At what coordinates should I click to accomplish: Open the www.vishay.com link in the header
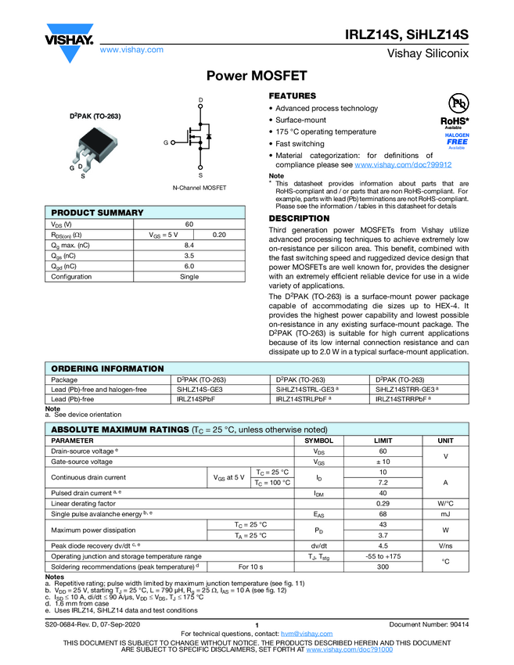(x=132, y=49)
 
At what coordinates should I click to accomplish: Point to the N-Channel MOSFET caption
(x=199, y=189)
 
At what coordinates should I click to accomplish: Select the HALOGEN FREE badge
(x=457, y=139)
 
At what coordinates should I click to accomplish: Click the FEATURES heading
(x=293, y=95)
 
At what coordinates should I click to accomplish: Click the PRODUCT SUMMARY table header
(x=98, y=213)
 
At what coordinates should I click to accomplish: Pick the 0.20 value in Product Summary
(x=220, y=235)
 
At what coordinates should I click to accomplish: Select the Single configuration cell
(x=189, y=277)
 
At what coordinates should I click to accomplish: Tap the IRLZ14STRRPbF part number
(x=403, y=399)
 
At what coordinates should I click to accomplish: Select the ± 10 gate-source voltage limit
(x=383, y=462)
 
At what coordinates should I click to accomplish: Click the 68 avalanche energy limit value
(x=383, y=514)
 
